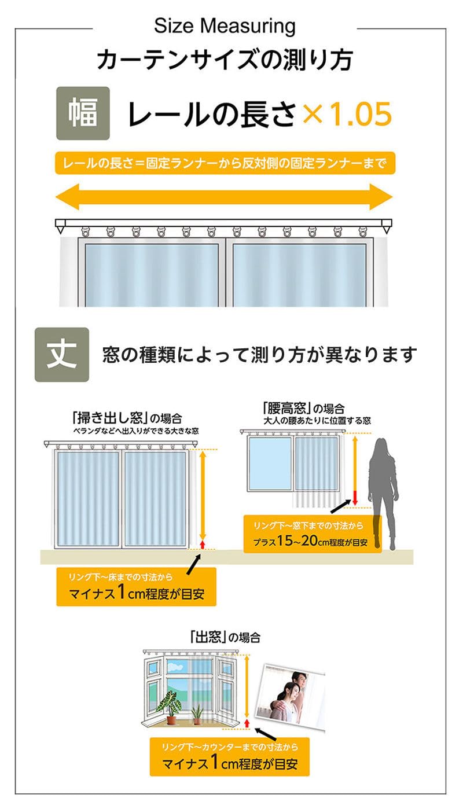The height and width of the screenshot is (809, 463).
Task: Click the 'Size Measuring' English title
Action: pyautogui.click(x=225, y=27)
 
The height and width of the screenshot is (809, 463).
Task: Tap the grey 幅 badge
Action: pyautogui.click(x=83, y=113)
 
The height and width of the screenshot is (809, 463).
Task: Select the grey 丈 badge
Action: pyautogui.click(x=62, y=355)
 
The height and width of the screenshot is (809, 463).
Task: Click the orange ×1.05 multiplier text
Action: pyautogui.click(x=347, y=114)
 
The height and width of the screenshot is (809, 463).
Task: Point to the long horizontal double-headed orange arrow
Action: pyautogui.click(x=224, y=197)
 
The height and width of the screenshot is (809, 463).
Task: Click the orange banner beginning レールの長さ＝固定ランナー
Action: pyautogui.click(x=225, y=163)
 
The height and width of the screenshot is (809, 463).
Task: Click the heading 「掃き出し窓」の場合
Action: pyautogui.click(x=127, y=418)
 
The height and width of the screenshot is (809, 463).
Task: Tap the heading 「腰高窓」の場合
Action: pyautogui.click(x=303, y=409)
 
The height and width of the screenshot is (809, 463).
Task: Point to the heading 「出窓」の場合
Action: pyautogui.click(x=225, y=637)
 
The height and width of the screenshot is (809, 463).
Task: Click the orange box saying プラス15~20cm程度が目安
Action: pyautogui.click(x=313, y=534)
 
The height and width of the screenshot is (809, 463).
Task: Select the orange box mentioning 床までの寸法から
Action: pyautogui.click(x=136, y=587)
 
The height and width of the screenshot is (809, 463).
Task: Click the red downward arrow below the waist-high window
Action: pyautogui.click(x=355, y=498)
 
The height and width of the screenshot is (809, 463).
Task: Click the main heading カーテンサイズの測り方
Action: pyautogui.click(x=225, y=60)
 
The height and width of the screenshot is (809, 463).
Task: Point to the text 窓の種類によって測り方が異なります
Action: pyautogui.click(x=260, y=355)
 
